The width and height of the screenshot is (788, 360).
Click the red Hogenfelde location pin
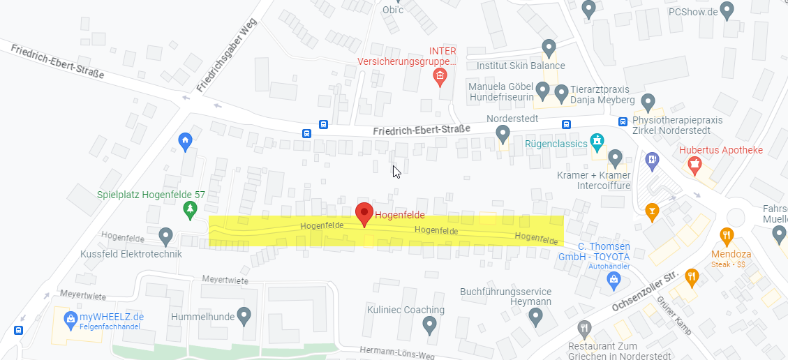[x=364, y=213]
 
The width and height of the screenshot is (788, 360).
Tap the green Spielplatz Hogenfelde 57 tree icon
[x=189, y=209]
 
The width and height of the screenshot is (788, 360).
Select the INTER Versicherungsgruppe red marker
[x=440, y=76]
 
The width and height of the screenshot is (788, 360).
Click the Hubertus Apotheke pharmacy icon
[x=694, y=165]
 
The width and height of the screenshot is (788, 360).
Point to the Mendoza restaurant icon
[x=727, y=236]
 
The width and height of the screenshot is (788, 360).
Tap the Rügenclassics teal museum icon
[x=596, y=143]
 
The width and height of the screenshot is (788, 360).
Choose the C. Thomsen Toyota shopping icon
[x=614, y=280]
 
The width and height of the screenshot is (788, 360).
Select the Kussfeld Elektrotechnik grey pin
[x=165, y=237]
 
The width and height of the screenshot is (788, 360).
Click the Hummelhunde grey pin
[x=244, y=316]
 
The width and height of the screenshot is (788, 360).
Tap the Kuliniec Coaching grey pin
[x=430, y=324]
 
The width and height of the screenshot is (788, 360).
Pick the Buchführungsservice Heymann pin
[x=536, y=317]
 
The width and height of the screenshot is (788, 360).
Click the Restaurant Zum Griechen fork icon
[x=585, y=328]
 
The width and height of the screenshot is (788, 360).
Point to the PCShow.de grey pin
[x=727, y=10]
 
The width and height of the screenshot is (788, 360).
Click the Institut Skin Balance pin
[x=549, y=48]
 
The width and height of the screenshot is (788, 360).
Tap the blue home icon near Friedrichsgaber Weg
[x=185, y=141]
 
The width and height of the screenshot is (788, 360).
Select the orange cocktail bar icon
[x=652, y=211]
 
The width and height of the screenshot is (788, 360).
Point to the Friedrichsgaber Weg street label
[x=228, y=57]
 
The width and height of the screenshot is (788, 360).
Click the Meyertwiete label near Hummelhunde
[x=225, y=280]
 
